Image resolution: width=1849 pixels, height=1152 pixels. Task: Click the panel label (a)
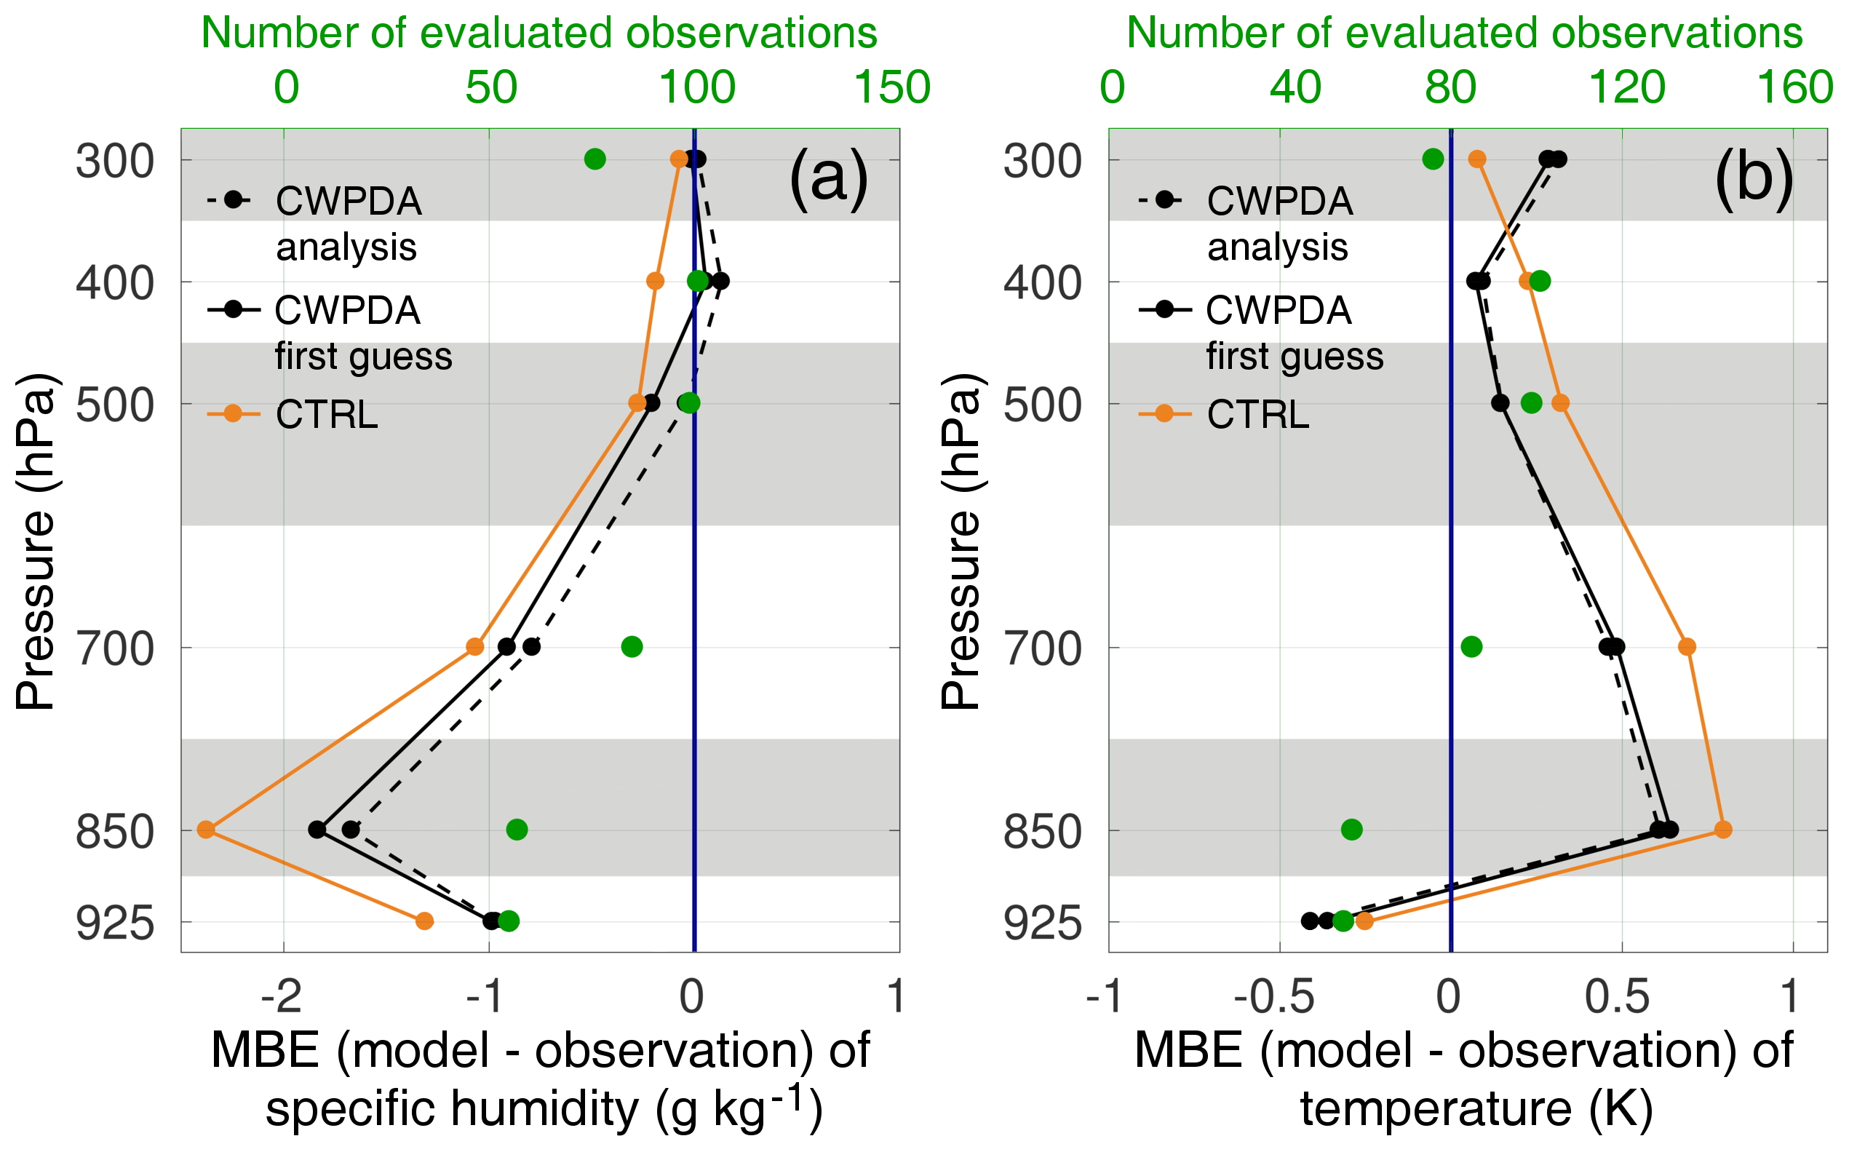point(829,178)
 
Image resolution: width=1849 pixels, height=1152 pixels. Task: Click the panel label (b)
point(1754,178)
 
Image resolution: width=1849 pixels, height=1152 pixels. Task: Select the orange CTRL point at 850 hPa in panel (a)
point(206,830)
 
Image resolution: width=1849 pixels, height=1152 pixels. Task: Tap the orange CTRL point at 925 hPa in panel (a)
point(424,921)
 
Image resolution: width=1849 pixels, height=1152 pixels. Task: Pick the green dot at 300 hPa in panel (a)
point(595,159)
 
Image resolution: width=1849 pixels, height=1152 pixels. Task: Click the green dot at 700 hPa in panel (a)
point(632,647)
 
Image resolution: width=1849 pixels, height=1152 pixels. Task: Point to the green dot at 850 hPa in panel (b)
point(1351,830)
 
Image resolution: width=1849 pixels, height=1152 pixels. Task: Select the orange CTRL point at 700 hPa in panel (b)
point(1687,647)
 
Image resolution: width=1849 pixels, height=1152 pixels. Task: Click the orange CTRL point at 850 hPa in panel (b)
point(1722,830)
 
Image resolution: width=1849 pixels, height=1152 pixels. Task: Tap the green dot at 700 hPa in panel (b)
point(1471,647)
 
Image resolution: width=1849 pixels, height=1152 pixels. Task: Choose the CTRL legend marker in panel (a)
point(233,413)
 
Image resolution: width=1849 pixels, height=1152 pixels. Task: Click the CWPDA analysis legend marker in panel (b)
point(1164,200)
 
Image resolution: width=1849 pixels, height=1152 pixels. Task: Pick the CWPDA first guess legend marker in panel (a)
point(233,309)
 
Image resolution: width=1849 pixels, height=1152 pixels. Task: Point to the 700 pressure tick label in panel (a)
point(115,650)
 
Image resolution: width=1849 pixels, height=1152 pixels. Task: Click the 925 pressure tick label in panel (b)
point(1042,924)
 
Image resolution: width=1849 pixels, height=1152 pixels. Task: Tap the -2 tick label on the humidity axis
point(282,996)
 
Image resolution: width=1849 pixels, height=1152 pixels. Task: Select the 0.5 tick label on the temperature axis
point(1617,996)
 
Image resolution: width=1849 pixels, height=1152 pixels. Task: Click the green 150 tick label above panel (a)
point(893,87)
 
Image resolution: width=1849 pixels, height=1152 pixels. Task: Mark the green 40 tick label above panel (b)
point(1295,87)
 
